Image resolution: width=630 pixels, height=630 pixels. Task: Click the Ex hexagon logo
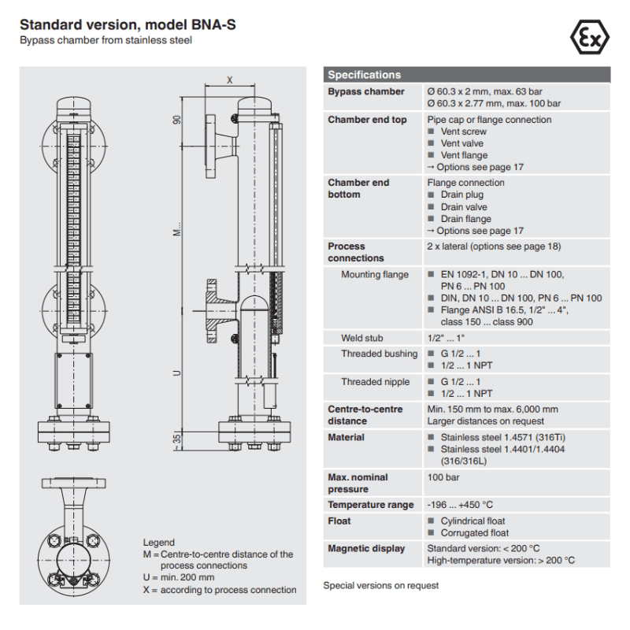pos(588,36)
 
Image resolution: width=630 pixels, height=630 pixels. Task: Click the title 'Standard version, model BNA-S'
pos(128,25)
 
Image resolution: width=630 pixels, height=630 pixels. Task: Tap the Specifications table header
pos(365,75)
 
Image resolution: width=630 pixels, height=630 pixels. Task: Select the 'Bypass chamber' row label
pos(366,92)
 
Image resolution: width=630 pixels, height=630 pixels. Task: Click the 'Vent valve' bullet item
pos(463,143)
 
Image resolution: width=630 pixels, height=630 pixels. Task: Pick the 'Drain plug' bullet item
pos(462,195)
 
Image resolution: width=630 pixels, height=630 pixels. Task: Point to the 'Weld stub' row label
pos(362,338)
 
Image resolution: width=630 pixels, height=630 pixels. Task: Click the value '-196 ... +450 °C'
pos(460,505)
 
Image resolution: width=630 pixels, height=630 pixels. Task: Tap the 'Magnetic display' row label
pos(366,549)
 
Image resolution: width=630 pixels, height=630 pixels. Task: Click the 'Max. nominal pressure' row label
pos(358,483)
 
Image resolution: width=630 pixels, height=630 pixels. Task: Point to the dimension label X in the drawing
pos(230,80)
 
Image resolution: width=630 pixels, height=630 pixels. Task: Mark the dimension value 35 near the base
pos(177,438)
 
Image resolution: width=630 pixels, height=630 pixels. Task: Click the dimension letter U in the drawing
pos(177,372)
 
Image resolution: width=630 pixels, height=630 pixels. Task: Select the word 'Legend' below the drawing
pos(158,543)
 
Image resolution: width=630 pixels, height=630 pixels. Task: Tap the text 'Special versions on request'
pos(381,585)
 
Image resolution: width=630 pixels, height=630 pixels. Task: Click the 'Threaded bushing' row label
pos(379,354)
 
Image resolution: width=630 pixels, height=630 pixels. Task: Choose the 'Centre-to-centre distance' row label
pos(365,415)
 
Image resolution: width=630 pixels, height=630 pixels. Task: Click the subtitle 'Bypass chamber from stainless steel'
pos(106,40)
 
